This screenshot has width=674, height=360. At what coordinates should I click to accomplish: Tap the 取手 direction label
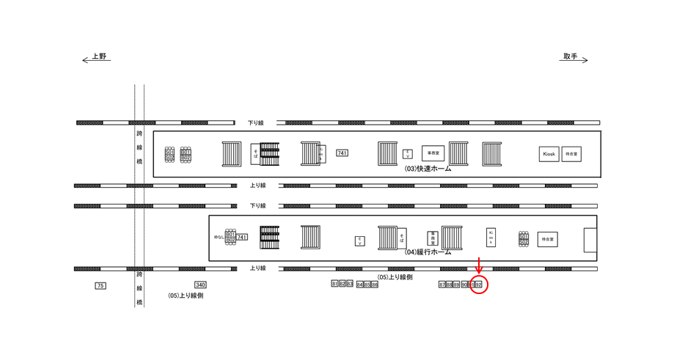[571, 56]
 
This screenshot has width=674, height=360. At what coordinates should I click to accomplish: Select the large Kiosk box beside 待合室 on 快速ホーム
[549, 154]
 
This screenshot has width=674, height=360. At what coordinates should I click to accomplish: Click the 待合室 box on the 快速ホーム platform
[571, 154]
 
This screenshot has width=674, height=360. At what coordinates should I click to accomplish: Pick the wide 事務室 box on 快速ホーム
[433, 153]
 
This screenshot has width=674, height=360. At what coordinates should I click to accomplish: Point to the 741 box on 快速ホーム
[342, 153]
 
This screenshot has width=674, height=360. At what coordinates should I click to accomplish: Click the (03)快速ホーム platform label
[428, 169]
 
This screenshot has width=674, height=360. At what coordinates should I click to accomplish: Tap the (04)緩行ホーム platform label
[428, 251]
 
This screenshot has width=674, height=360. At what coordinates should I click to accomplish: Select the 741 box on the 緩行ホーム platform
[242, 237]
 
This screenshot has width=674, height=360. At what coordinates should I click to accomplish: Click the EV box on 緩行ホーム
[360, 240]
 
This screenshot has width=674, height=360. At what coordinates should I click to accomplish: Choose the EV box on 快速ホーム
[408, 153]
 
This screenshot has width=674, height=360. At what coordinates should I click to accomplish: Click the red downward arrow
[479, 265]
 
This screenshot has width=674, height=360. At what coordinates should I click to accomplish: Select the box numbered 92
[479, 284]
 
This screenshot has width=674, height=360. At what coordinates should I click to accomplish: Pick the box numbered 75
[100, 285]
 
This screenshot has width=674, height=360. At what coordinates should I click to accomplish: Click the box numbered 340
[200, 284]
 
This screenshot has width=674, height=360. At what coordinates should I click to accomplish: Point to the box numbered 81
[334, 284]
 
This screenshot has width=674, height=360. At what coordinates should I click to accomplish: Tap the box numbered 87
[442, 284]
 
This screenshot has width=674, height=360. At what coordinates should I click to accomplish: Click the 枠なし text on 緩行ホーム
[218, 237]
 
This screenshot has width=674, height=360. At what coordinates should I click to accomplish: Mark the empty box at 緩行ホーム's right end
[590, 240]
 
